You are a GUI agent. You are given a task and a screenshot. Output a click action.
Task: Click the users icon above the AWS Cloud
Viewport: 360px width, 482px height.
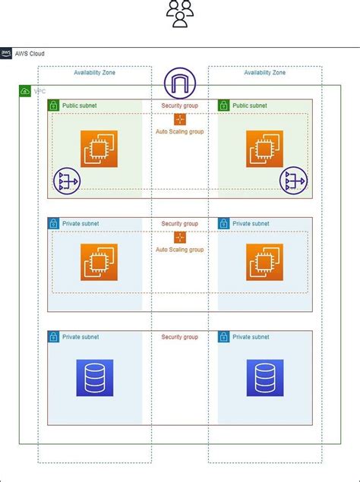click(x=180, y=14)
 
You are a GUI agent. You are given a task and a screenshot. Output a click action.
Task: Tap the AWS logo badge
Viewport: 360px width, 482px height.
click(x=6, y=53)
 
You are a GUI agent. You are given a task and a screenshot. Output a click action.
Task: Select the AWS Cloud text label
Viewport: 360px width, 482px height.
click(x=30, y=54)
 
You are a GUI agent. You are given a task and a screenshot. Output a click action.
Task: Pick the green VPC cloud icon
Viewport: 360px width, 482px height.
click(x=25, y=91)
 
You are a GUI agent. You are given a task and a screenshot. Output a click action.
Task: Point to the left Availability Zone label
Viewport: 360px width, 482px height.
click(x=94, y=73)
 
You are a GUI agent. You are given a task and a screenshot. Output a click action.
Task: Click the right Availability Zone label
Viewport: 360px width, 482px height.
click(x=264, y=73)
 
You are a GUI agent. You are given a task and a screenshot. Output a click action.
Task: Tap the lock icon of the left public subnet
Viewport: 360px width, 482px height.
click(x=53, y=106)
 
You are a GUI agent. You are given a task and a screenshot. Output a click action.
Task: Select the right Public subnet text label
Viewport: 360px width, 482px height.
click(x=250, y=106)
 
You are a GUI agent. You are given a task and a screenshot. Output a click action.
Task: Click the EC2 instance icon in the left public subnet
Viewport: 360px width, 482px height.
click(x=99, y=149)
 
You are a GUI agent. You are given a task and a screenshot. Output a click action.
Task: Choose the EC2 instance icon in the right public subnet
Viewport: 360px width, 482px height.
click(x=264, y=149)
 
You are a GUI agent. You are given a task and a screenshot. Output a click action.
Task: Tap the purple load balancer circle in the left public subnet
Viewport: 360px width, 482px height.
click(x=67, y=181)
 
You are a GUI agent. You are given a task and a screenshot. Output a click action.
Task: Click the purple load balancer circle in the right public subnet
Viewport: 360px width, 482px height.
click(x=293, y=181)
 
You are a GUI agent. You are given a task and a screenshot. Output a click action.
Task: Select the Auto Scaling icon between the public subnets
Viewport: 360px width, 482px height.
click(x=180, y=119)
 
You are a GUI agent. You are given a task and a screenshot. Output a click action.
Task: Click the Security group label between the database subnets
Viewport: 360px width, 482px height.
click(x=180, y=337)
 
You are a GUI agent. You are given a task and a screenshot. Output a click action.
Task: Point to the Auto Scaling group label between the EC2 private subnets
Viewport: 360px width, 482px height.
click(x=180, y=250)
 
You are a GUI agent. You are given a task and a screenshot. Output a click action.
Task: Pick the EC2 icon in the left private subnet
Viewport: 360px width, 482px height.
click(x=99, y=262)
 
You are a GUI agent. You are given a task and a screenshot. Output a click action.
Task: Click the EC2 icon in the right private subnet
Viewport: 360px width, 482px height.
click(x=264, y=262)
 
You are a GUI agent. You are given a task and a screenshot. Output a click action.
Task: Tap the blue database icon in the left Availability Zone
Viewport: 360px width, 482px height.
click(x=95, y=378)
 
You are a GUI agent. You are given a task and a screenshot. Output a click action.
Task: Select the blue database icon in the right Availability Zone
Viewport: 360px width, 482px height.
click(x=265, y=378)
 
